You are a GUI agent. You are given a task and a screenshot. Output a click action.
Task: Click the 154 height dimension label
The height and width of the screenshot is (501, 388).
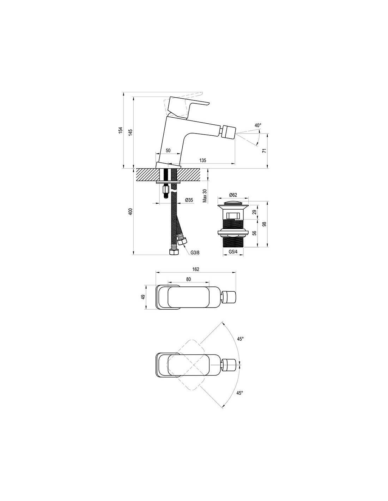point(120,130)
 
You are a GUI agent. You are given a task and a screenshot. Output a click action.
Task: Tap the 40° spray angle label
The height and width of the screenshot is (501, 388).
point(258,125)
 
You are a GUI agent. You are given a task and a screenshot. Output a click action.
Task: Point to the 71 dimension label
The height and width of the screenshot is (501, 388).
point(265,150)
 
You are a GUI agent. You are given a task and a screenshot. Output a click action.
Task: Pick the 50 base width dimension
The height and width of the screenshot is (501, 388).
point(168,150)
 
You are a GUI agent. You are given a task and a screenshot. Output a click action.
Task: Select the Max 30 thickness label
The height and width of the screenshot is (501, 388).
point(205,196)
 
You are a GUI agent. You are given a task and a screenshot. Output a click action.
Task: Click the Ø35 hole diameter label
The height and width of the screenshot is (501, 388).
point(189,200)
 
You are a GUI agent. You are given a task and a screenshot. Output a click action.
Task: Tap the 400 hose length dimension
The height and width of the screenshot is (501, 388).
point(131,211)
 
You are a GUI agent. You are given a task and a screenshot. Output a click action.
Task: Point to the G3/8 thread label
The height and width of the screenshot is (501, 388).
point(195,253)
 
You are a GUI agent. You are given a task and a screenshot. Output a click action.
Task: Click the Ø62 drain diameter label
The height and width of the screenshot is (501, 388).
point(233,195)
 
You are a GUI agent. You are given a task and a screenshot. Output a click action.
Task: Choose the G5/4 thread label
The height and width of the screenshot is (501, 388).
point(233,252)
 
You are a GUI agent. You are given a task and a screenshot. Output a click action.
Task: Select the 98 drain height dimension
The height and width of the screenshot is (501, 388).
point(265,224)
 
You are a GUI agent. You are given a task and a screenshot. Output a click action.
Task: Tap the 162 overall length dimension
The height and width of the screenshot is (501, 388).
point(196,269)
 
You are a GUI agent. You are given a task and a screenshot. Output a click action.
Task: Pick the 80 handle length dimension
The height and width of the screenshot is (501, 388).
point(189,279)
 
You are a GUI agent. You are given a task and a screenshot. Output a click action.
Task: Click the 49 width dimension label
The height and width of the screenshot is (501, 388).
point(143,297)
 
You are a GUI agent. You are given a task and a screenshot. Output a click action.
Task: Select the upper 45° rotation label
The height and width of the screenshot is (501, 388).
point(240,339)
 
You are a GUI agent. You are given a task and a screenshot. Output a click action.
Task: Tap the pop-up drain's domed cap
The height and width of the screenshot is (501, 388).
point(233,203)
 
